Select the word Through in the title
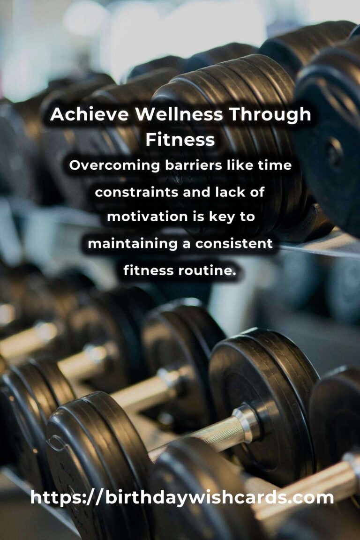tap(270, 115)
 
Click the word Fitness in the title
tap(180, 140)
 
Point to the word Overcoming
tap(114, 165)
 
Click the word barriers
tap(193, 165)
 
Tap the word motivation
tap(147, 217)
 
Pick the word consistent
tap(234, 243)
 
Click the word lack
tap(229, 192)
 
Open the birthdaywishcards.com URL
tap(182, 498)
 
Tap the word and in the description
tap(197, 192)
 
